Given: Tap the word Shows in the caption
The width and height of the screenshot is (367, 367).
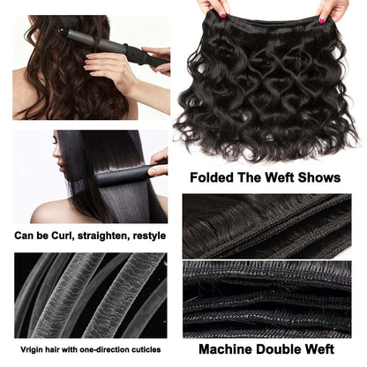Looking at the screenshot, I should point(318,177).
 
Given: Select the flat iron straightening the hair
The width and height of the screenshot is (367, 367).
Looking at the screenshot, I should point(124,176).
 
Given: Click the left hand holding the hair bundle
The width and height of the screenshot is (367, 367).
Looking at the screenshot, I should point(211,9).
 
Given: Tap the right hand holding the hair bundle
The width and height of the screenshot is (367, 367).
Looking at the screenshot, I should point(333,9).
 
